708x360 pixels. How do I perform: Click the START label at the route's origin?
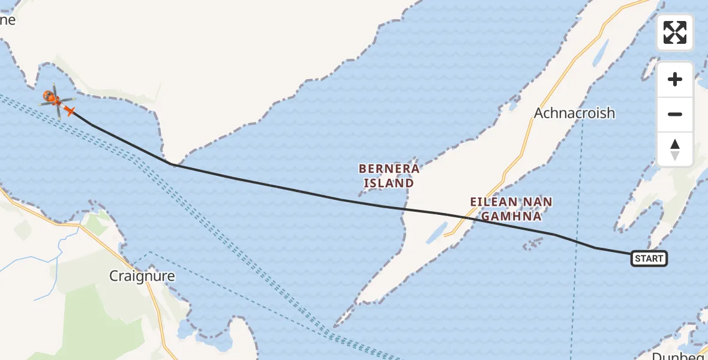[x=649, y=259]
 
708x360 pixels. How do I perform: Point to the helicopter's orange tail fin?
[x=70, y=111]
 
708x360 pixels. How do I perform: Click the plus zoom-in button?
[x=675, y=79]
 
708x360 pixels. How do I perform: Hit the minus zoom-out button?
[x=675, y=115]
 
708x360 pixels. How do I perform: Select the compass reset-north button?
[x=675, y=149]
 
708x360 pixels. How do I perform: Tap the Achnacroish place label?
[x=574, y=113]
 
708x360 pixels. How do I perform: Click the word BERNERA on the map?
[x=388, y=169]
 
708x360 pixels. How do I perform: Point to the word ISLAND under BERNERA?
[x=388, y=183]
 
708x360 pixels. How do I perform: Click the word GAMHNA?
[x=511, y=216]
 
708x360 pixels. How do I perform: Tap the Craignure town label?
[x=142, y=276]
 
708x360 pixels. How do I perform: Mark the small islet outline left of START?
[x=532, y=244]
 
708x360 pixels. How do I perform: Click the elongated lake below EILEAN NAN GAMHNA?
[x=437, y=232]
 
